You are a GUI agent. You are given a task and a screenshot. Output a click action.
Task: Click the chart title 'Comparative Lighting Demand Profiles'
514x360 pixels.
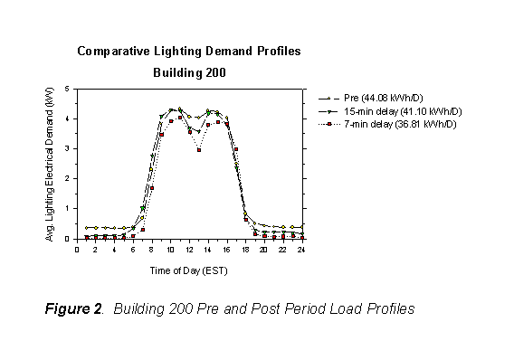click(x=188, y=52)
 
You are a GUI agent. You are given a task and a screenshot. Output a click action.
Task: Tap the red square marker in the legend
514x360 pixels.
click(x=331, y=123)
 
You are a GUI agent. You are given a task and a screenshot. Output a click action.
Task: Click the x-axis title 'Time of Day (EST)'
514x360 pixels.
click(x=188, y=270)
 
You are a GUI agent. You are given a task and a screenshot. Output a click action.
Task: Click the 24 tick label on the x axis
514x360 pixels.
click(x=302, y=250)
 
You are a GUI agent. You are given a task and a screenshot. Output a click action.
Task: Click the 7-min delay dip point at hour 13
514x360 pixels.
click(x=198, y=150)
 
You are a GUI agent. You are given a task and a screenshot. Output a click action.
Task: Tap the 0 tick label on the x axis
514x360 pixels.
click(x=78, y=250)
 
